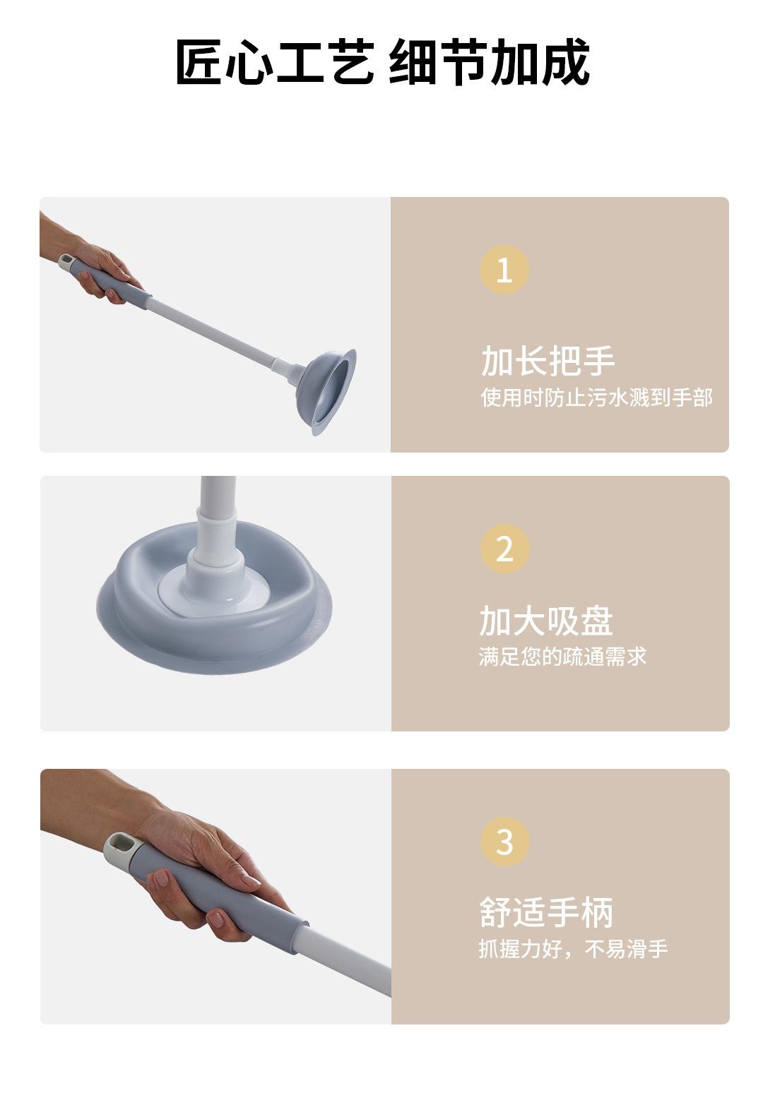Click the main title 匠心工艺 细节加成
381,62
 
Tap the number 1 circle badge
504,270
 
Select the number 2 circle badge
504,548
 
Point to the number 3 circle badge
504,841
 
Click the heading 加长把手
548,361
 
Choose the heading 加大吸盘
546,621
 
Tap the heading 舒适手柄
546,912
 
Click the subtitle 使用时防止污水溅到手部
596,397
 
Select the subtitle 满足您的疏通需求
562,656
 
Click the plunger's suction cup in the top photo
326,391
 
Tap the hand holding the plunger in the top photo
93,263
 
